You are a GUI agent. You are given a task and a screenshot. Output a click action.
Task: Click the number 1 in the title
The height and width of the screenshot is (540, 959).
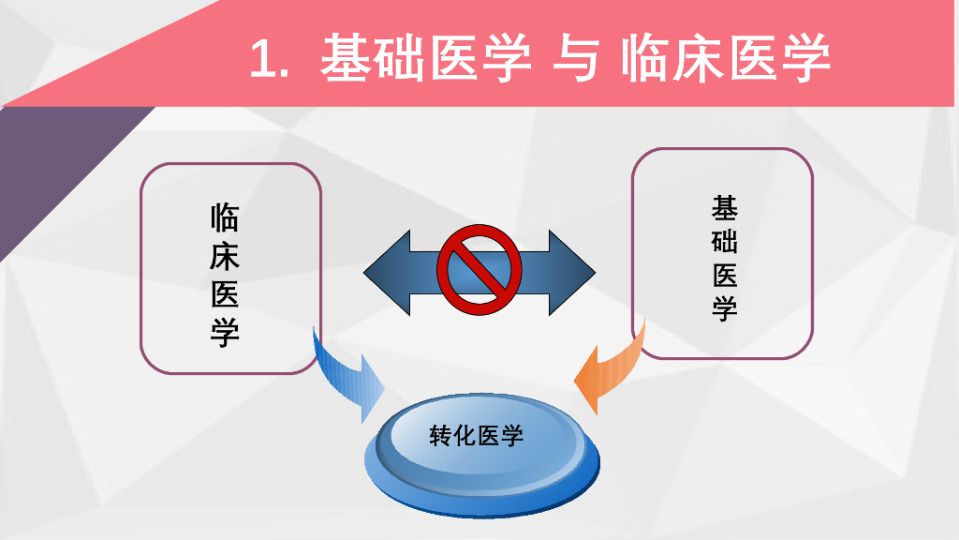click(x=266, y=59)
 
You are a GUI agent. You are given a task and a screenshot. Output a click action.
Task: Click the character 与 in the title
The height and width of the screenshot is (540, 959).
click(x=575, y=58)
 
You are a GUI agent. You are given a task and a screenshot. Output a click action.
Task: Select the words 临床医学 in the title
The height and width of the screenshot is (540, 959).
click(x=726, y=58)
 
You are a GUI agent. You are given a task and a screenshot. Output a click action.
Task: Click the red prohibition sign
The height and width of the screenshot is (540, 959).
click(x=479, y=271)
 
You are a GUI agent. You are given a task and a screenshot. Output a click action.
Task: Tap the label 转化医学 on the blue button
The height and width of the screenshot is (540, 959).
click(x=477, y=436)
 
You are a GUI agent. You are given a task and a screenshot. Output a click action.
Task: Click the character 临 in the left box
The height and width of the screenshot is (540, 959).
click(x=225, y=217)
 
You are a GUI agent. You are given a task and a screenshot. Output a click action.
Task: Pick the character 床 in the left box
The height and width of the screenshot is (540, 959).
click(x=225, y=256)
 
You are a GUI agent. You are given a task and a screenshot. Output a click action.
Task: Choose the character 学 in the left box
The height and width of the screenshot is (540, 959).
click(x=225, y=334)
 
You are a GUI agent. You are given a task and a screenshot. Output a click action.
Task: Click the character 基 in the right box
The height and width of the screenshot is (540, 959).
click(x=725, y=207)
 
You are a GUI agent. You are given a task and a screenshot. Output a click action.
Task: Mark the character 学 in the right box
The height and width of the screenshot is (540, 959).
click(x=725, y=308)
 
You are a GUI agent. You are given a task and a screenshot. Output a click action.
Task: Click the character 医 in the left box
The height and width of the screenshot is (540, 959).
click(x=225, y=294)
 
